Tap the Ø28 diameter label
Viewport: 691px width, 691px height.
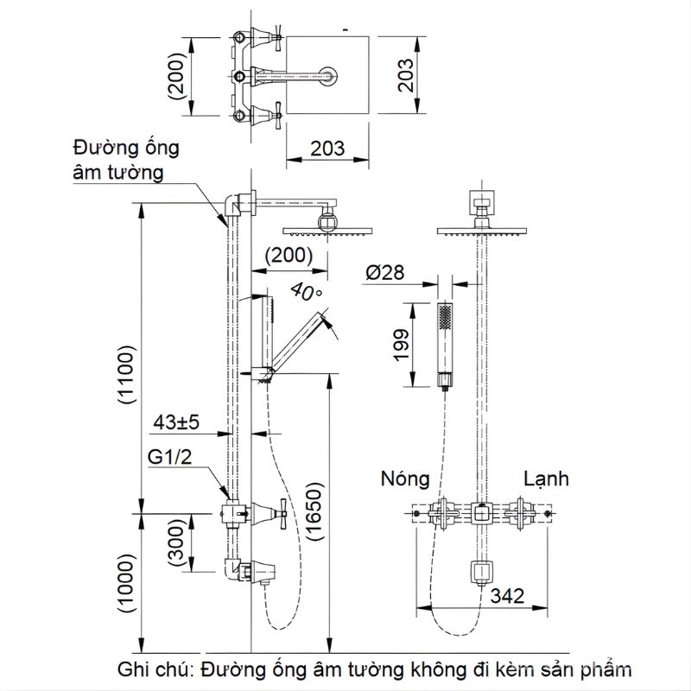coord(385,272)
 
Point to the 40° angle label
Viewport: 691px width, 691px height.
coord(307,291)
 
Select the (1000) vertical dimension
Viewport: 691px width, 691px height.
coord(126,582)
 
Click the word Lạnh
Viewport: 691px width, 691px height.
coord(545,478)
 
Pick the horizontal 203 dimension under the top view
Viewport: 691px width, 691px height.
coord(327,148)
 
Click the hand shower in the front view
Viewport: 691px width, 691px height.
coord(445,344)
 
